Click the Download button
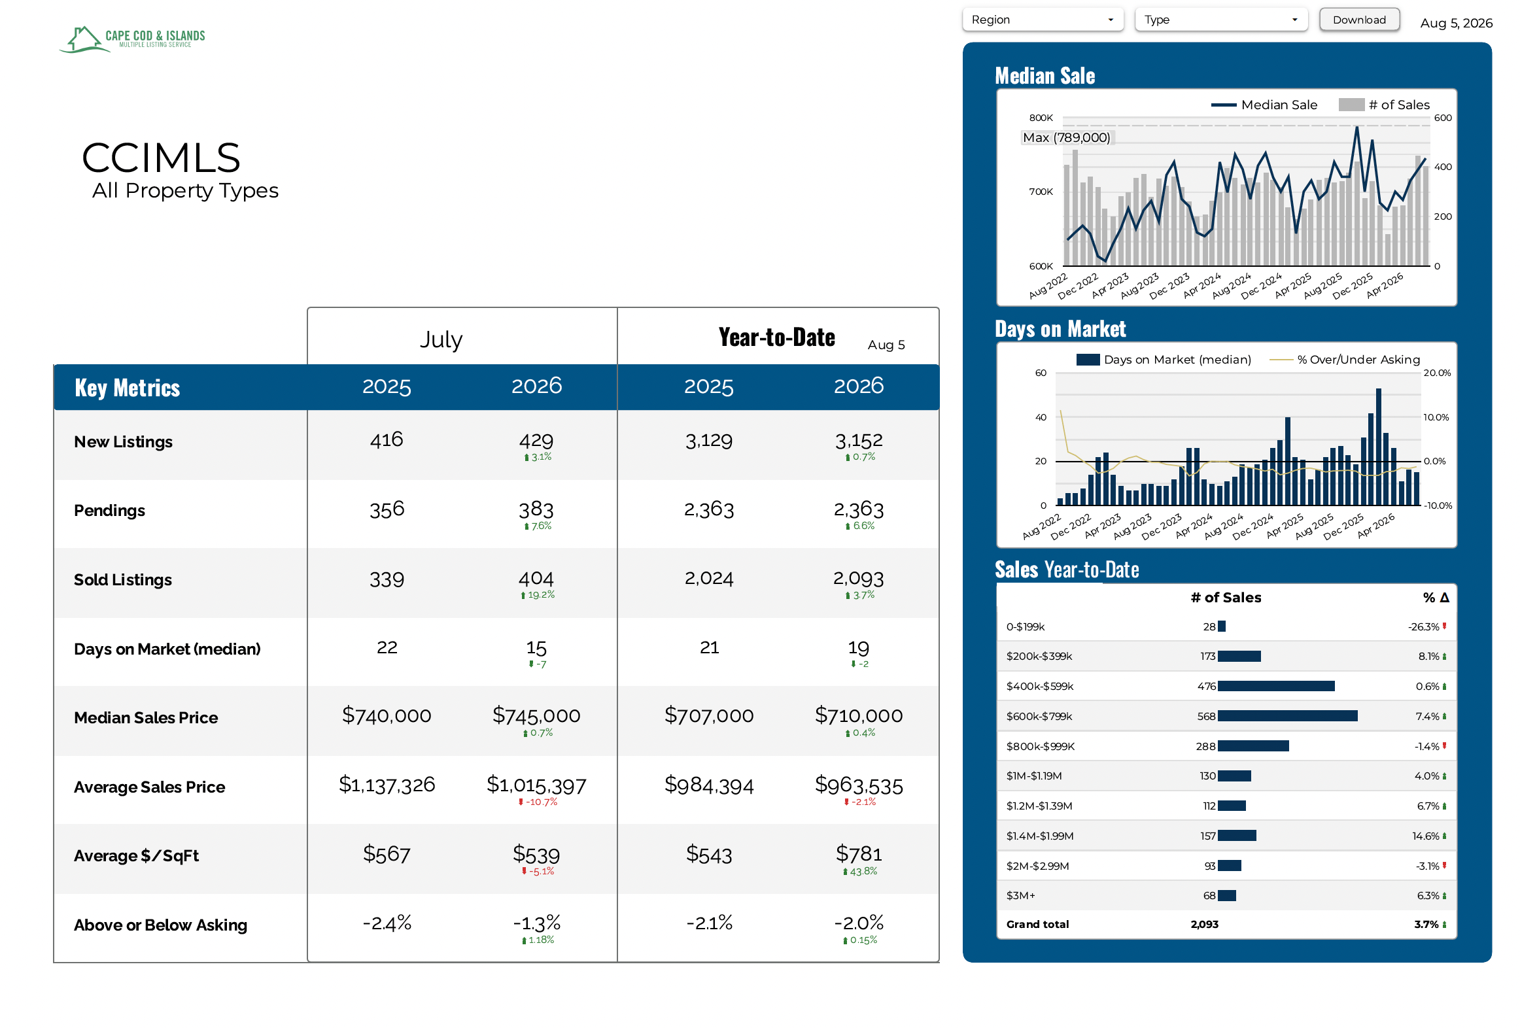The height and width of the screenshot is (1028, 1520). pos(1359,20)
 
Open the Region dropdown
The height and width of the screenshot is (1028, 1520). pos(1043,20)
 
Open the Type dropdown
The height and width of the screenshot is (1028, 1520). pos(1221,20)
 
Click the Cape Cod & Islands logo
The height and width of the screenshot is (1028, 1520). pos(133,39)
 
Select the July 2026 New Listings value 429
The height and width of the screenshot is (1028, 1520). pos(536,440)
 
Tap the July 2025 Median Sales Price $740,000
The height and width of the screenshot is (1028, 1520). pos(387,715)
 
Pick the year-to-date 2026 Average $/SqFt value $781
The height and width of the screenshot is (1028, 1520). pos(859,853)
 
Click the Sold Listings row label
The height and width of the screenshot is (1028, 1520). pos(123,580)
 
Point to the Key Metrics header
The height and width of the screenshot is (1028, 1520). pos(128,388)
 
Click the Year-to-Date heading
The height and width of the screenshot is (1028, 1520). pos(777,337)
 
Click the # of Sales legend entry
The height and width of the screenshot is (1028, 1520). pos(1385,105)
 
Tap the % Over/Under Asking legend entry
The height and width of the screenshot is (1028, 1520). pos(1345,360)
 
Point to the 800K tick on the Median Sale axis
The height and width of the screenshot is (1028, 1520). pos(1041,118)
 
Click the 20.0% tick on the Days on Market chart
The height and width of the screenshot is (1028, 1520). pos(1437,373)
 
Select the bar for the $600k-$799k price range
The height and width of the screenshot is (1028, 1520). pos(1288,716)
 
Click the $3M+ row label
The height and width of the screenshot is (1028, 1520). pos(1020,896)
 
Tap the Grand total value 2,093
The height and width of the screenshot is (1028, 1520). pos(1205,924)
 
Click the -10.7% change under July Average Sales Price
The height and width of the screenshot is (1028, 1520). pos(538,802)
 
